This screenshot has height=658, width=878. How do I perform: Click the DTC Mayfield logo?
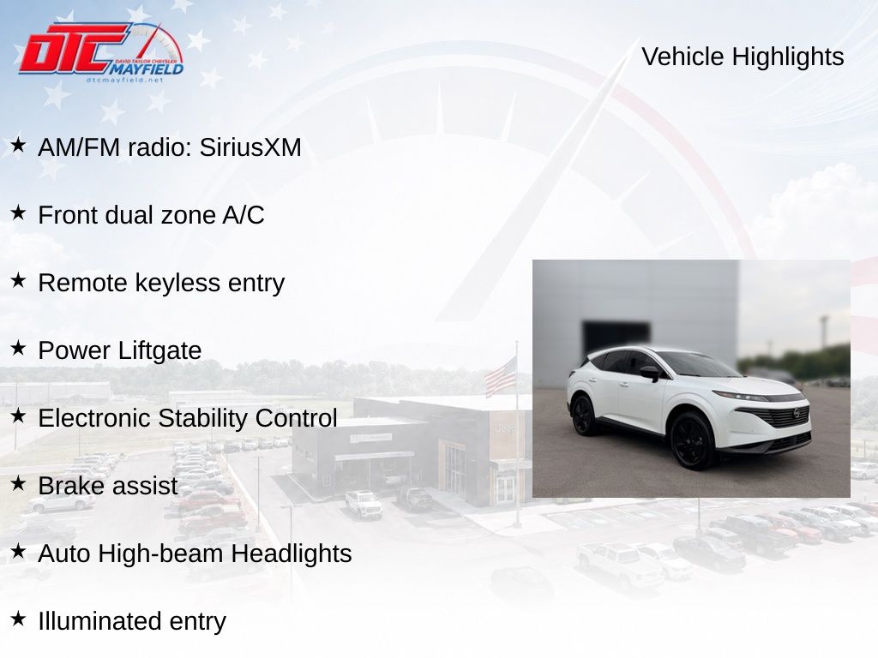[101, 52]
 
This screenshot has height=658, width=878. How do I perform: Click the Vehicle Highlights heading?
[743, 57]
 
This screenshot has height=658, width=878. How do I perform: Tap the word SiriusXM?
[250, 147]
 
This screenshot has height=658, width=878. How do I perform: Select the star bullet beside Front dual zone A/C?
[18, 212]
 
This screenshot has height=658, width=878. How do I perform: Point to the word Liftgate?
[159, 350]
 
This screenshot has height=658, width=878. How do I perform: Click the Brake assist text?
[107, 486]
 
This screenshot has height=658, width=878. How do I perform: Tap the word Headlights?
[292, 553]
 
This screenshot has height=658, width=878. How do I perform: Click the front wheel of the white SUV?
[692, 440]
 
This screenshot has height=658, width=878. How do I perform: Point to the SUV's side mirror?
[652, 374]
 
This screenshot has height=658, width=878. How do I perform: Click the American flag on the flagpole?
[501, 377]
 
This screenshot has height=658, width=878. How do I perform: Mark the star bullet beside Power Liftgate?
[18, 348]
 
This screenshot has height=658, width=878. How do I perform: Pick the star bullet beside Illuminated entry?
[18, 619]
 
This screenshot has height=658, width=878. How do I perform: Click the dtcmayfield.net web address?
[125, 80]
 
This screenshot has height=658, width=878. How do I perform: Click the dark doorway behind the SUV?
[616, 337]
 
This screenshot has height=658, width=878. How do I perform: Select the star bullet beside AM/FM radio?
[18, 145]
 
